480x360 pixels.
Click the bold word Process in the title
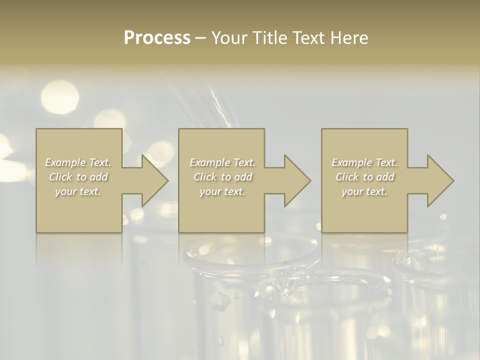pos(157,38)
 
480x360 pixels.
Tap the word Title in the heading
pos(267,38)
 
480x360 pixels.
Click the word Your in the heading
pos(227,38)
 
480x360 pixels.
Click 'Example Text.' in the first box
pos(78,162)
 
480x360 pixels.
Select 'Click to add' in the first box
pos(78,177)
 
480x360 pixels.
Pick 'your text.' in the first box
pos(78,191)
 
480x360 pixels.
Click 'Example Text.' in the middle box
pos(222,162)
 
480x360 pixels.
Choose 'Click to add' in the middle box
pos(222,177)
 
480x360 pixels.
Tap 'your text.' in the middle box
pos(222,191)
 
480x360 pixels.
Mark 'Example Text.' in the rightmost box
pos(364,162)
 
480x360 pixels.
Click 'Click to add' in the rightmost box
pos(364,177)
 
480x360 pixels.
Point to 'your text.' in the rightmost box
pos(364,191)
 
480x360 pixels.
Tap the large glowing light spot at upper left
pos(59,96)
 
